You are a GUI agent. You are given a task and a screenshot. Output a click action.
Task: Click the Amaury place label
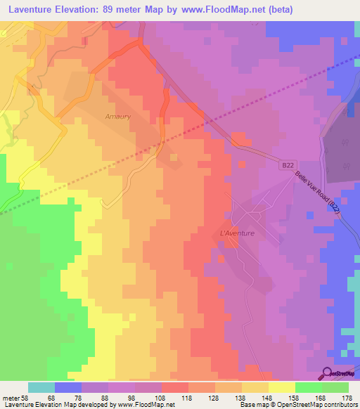(117, 117)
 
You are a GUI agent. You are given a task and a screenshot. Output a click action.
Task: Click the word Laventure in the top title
(29, 10)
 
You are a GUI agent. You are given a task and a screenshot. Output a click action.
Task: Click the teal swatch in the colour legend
(41, 387)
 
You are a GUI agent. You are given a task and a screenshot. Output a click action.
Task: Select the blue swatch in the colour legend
(68, 387)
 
